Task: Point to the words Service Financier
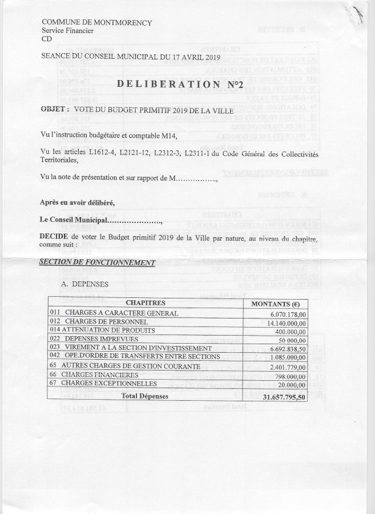68,30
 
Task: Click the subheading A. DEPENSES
84,284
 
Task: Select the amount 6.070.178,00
283,313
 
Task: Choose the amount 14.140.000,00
281,322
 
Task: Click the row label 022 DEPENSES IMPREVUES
95,339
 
